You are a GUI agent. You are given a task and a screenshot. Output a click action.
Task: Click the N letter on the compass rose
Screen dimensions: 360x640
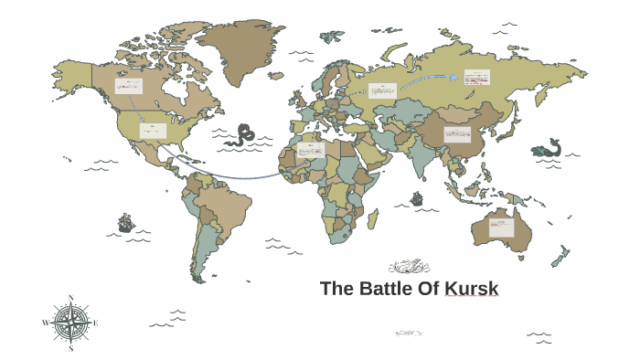click(71, 299)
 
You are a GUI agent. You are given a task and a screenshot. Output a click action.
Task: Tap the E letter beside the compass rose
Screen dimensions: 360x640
click(96, 323)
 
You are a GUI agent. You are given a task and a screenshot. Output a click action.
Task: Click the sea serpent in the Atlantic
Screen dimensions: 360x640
click(244, 134)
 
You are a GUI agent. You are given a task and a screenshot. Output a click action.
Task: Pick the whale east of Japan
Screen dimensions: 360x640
click(548, 148)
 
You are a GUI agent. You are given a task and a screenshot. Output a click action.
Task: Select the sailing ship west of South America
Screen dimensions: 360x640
click(125, 223)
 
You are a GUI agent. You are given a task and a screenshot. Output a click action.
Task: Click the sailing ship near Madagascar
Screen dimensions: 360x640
click(417, 198)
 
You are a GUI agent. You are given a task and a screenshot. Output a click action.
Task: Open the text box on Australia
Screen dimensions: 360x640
click(501, 226)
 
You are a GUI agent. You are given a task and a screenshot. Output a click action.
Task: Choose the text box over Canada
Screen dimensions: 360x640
click(128, 87)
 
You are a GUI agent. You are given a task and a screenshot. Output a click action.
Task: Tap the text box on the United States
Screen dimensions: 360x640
click(153, 131)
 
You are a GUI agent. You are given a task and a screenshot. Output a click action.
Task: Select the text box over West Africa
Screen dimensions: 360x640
click(311, 150)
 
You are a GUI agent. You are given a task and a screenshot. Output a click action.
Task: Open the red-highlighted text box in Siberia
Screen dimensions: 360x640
click(476, 78)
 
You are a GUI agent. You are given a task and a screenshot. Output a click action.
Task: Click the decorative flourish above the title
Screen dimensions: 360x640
click(409, 267)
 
